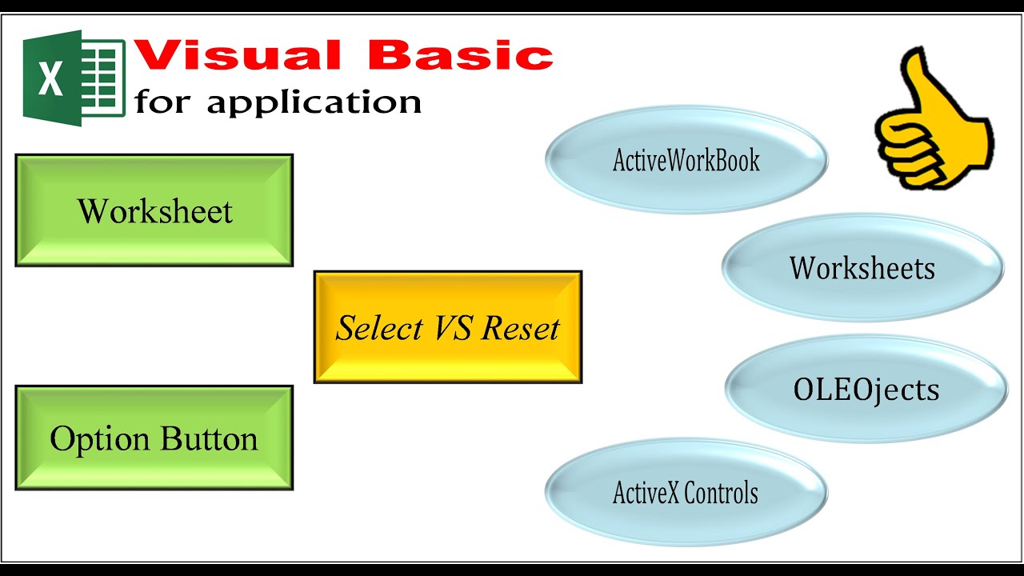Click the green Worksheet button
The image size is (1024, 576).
[154, 210]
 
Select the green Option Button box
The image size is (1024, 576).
[154, 438]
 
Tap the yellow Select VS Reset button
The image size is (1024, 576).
[448, 327]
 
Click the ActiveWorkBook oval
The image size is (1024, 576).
[686, 159]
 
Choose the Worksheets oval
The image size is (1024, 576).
[862, 267]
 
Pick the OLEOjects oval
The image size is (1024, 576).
[866, 389]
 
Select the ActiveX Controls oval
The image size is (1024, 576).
[686, 492]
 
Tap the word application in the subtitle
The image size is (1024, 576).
[314, 102]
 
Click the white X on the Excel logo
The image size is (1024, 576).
[50, 78]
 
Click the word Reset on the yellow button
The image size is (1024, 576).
[520, 328]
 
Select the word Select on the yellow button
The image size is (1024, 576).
[379, 328]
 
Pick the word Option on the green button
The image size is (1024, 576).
[100, 439]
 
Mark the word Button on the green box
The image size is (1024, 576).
[209, 438]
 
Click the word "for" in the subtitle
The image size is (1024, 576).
[162, 101]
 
